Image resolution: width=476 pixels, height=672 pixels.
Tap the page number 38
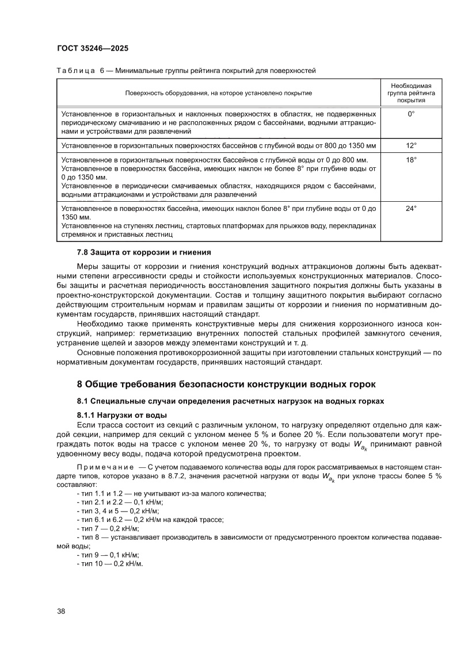pyautogui.click(x=61, y=610)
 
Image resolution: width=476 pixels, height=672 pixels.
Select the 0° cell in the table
pyautogui.click(x=410, y=114)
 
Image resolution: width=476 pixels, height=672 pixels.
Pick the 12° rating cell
pyautogui.click(x=410, y=146)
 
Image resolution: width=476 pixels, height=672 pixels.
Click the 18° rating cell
pyautogui.click(x=410, y=160)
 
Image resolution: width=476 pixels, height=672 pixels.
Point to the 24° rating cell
pyautogui.click(x=410, y=209)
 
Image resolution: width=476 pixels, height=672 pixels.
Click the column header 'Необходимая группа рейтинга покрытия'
pyautogui.click(x=410, y=93)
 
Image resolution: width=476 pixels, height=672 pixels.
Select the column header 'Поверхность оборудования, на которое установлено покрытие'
pyautogui.click(x=218, y=93)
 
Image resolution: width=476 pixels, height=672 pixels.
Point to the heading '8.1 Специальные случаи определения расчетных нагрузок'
pyautogui.click(x=230, y=401)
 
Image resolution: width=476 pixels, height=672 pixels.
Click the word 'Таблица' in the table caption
pyautogui.click(x=75, y=71)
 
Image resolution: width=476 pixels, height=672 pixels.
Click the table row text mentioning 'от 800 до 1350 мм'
pyautogui.click(x=218, y=146)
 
